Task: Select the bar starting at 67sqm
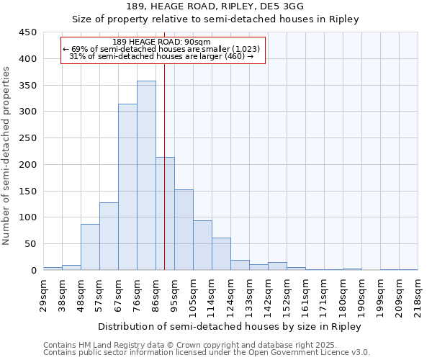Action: [127, 187]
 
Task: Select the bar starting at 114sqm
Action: [221, 254]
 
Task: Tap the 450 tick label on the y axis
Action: [28, 32]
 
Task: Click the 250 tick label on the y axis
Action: [28, 138]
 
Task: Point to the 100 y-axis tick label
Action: [28, 217]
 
